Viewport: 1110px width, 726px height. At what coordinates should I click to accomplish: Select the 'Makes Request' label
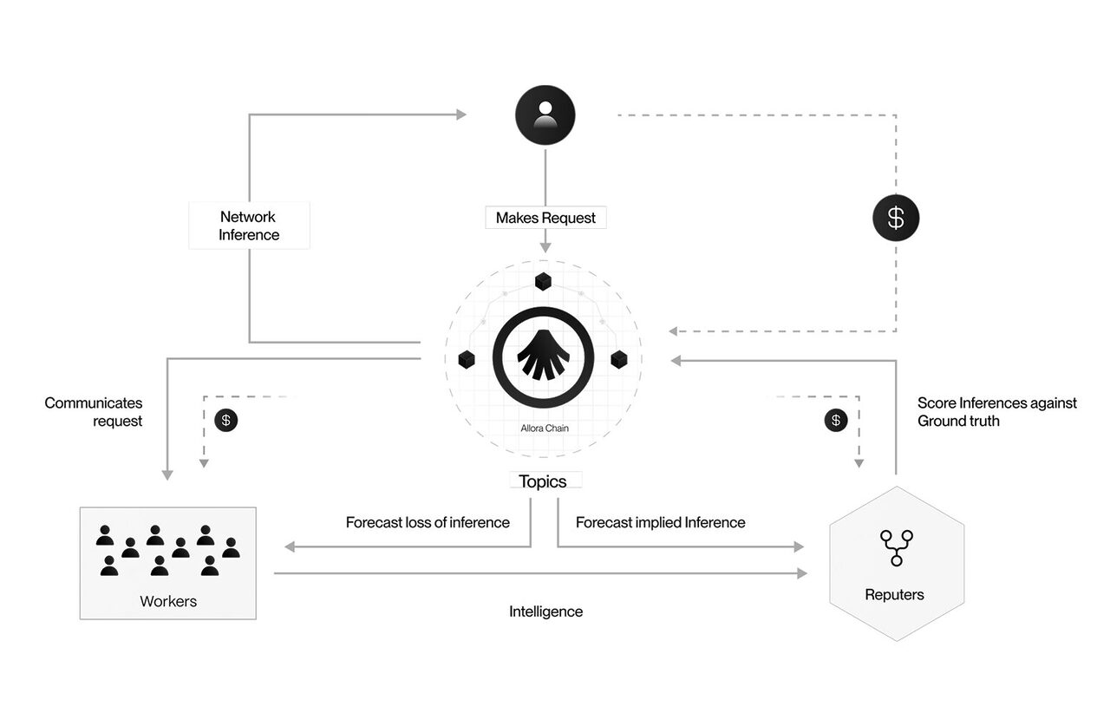tap(545, 218)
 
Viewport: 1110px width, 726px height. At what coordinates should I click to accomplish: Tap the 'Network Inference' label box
tap(249, 226)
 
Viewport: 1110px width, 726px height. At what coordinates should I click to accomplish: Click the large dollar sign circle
tap(895, 219)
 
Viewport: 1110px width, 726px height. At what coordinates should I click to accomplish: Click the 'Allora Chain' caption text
tap(543, 428)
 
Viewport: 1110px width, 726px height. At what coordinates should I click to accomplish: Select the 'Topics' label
tap(543, 481)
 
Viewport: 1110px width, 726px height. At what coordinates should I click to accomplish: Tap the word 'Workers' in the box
tap(168, 601)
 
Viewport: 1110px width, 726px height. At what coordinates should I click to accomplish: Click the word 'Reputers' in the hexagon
tap(894, 594)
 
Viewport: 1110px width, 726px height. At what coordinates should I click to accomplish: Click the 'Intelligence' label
tap(545, 612)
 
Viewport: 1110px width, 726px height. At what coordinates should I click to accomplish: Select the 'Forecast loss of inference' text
tap(428, 522)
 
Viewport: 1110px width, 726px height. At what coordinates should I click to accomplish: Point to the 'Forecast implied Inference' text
tap(660, 522)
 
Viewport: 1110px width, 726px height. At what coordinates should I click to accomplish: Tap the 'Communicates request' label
tap(94, 412)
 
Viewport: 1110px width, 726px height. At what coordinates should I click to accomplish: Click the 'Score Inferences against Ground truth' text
tap(996, 412)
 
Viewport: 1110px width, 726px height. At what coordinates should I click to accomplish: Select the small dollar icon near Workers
tap(225, 420)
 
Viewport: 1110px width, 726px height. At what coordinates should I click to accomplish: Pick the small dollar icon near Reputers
tap(835, 420)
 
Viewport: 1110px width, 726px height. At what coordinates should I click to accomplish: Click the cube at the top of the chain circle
tap(543, 281)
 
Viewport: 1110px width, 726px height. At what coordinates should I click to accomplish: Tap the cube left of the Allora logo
tap(467, 358)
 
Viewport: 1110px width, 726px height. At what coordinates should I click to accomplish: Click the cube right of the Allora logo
tap(618, 358)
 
